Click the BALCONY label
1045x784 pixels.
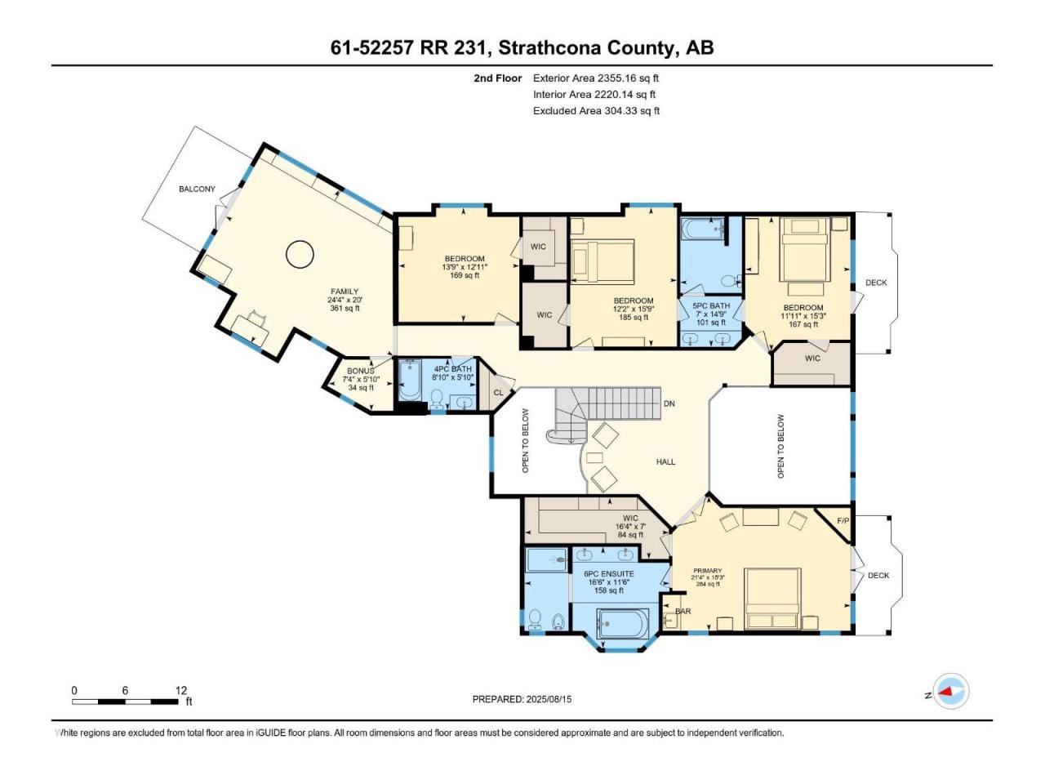tap(197, 189)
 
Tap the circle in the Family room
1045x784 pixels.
tap(300, 255)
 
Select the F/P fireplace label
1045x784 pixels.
tap(843, 520)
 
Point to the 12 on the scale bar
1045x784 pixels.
tap(181, 690)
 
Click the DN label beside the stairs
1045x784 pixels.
tap(669, 403)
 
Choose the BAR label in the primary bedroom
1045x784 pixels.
tap(683, 611)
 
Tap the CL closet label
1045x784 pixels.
tap(498, 393)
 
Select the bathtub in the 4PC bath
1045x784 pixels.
tap(410, 381)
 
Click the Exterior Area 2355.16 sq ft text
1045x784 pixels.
tap(596, 78)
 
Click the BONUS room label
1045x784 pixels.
tap(360, 371)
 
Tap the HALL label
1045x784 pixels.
tap(665, 461)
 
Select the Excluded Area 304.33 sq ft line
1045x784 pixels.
tap(596, 111)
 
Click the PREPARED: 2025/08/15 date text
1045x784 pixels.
tap(522, 699)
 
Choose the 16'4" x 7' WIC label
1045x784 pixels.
tap(630, 527)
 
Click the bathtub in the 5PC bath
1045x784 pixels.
tap(703, 229)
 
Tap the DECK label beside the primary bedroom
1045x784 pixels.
tap(878, 575)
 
